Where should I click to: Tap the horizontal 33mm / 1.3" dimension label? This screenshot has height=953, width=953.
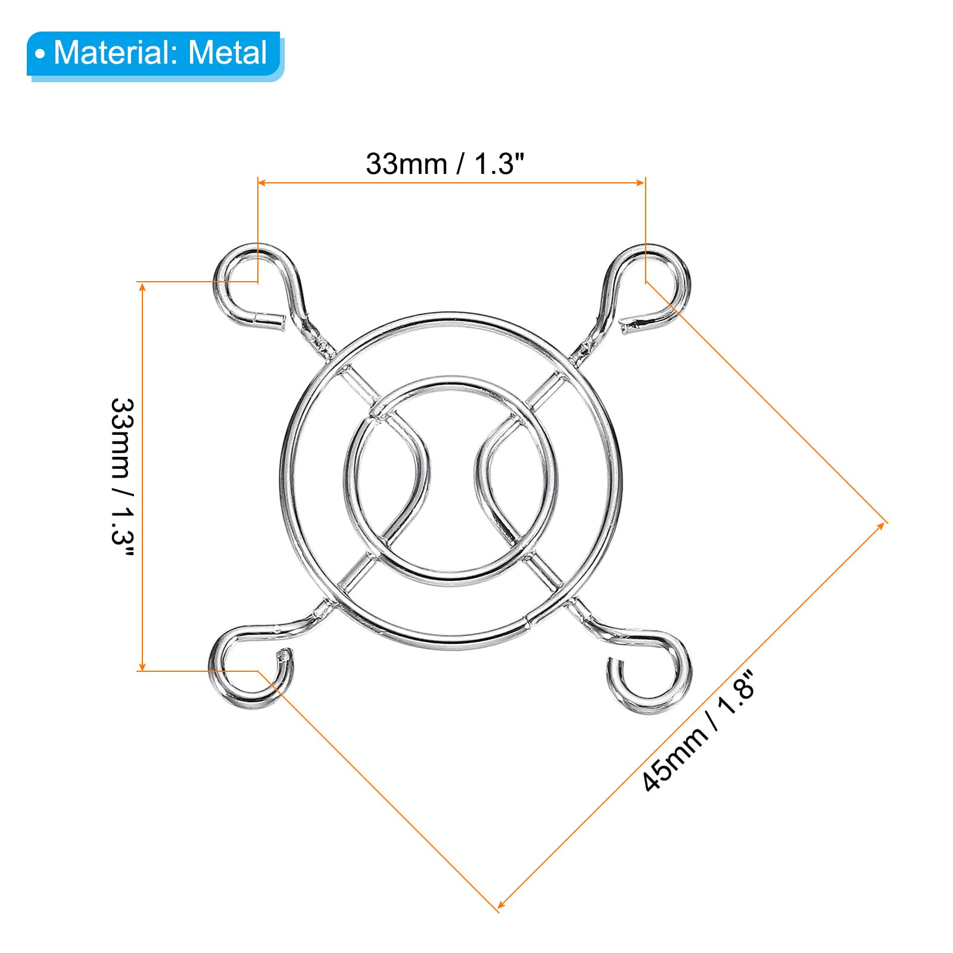[x=445, y=164]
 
